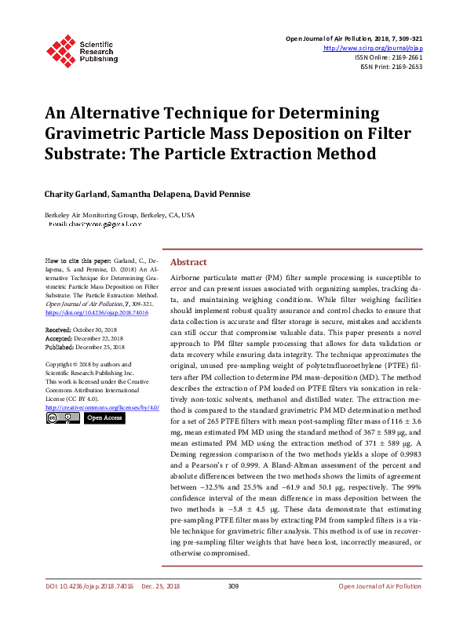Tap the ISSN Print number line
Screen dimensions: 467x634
tap(391, 67)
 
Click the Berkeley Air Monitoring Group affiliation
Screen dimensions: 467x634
tap(119, 214)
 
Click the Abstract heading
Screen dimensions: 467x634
tap(189, 262)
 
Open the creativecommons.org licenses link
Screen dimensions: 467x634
tap(102, 407)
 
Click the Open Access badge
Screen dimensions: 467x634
tap(104, 418)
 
